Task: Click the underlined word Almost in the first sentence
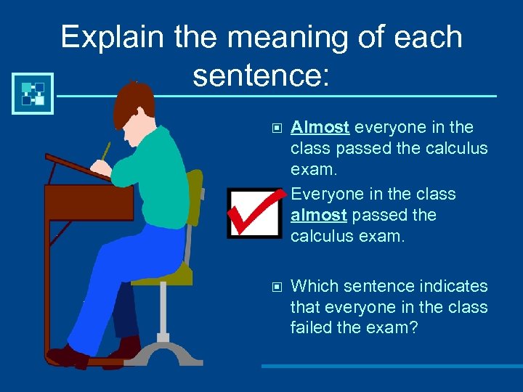[x=320, y=128]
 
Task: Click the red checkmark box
[x=254, y=213]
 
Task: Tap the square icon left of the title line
[x=33, y=94]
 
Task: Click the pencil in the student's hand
[x=105, y=151]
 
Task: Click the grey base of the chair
[x=163, y=352]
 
